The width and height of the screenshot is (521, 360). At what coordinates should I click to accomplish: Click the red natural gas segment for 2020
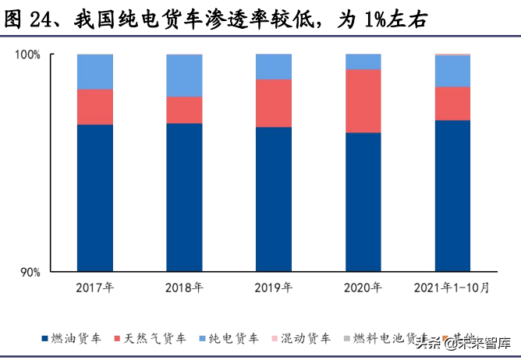tap(363, 101)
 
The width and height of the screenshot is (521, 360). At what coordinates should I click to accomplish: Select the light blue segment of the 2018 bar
tap(184, 76)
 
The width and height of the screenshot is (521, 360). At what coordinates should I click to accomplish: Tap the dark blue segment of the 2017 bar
tap(94, 198)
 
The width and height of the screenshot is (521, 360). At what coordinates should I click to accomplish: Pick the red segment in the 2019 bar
tap(274, 103)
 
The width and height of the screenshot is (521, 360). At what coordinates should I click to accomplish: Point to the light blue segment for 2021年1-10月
tap(452, 71)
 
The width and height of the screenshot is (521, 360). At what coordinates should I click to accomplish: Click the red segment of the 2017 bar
tap(94, 107)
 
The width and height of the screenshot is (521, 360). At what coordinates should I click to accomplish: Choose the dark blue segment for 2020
tap(363, 202)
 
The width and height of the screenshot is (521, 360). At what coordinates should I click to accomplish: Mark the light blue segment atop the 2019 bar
tap(274, 67)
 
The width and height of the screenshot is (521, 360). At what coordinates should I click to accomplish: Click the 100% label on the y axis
tap(28, 55)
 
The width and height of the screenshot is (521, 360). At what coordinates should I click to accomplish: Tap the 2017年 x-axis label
tap(94, 288)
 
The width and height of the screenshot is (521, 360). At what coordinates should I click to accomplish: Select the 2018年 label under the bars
tap(184, 288)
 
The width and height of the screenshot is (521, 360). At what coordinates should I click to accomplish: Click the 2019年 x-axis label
tap(274, 288)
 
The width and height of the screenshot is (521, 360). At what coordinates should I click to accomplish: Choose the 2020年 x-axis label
tap(363, 288)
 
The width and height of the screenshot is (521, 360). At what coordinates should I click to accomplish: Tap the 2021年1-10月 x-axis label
tap(452, 288)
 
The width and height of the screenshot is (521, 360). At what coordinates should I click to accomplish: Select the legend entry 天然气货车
tap(155, 338)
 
